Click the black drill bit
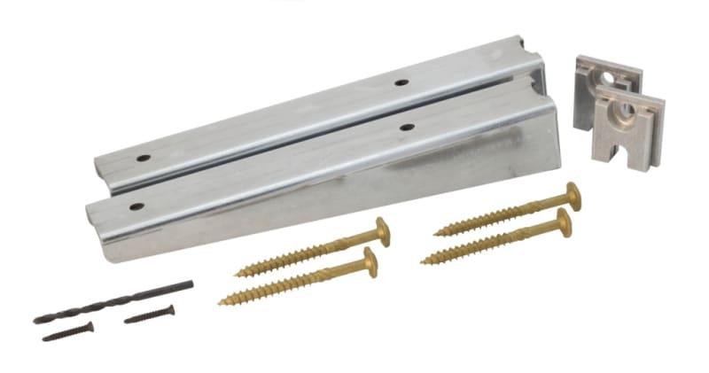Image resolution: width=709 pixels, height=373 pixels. pos(113,302)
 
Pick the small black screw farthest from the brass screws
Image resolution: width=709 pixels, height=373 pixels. pos(67,331)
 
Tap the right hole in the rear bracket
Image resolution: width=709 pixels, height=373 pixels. pos(401,82)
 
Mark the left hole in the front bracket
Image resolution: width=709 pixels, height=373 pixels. pos(136,206)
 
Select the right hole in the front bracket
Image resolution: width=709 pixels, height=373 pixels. pos(407,127)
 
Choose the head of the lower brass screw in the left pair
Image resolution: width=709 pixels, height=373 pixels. pos(369,260)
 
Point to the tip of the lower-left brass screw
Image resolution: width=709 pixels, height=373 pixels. pos(222,302)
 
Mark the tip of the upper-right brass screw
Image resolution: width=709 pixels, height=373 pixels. pos(436,233)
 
